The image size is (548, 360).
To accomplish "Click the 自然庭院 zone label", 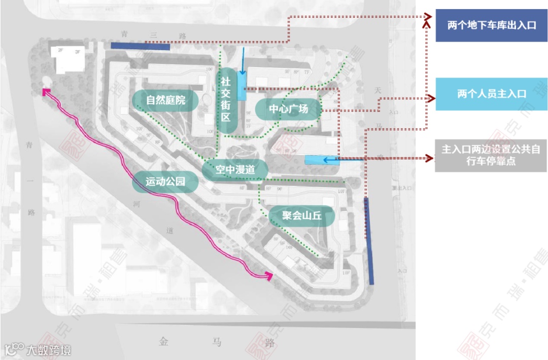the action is tap(165, 100).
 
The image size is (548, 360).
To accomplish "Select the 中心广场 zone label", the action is tap(288, 109).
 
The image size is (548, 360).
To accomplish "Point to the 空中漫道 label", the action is tap(234, 170).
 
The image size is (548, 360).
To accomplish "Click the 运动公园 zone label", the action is tap(165, 181).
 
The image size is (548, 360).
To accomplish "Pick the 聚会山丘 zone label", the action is tap(302, 216).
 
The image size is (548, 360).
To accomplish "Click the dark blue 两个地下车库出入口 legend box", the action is tap(491, 25).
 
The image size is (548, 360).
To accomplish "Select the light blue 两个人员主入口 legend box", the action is tap(491, 94).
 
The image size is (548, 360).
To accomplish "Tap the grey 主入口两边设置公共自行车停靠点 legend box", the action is tap(491, 155).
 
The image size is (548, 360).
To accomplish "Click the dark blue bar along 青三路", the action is tap(140, 46).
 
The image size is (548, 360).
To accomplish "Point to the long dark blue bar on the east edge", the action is tap(369, 241).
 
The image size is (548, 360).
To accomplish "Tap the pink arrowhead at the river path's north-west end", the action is tap(46, 92).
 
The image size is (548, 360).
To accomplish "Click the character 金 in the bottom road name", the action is tap(163, 341).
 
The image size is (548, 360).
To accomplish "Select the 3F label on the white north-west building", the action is tap(78, 52).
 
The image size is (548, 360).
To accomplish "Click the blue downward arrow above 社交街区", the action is tap(244, 62).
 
